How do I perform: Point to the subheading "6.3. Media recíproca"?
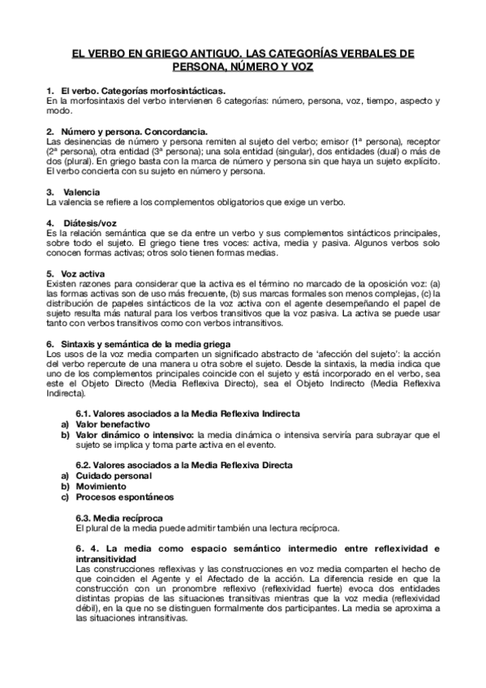pyautogui.click(x=118, y=516)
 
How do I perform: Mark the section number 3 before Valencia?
pyautogui.click(x=49, y=191)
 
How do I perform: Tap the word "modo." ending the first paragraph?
pyautogui.click(x=58, y=110)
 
